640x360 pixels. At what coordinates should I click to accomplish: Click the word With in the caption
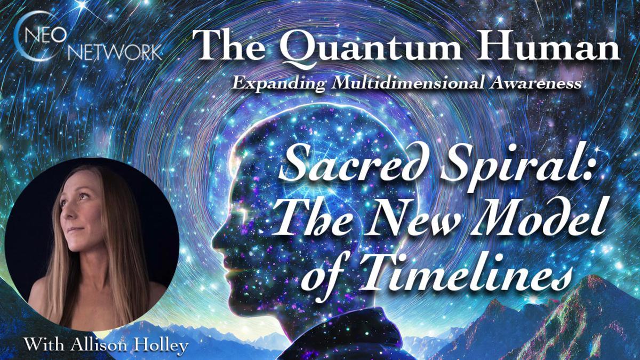coord(42,346)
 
